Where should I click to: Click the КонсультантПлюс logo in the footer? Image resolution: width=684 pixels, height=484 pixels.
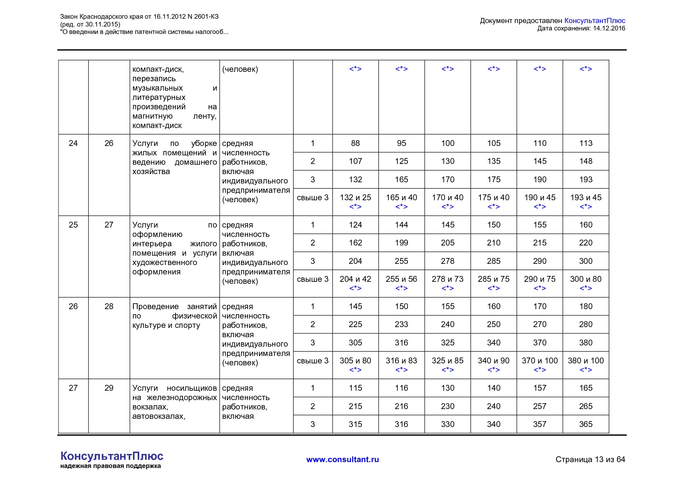(x=112, y=456)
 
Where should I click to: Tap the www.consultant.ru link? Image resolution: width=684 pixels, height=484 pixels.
(x=342, y=459)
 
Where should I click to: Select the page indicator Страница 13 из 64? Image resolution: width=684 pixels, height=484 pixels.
(x=590, y=459)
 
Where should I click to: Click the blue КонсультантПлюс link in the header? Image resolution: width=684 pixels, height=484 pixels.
(x=595, y=21)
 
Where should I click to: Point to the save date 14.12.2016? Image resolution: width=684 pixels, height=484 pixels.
(x=609, y=28)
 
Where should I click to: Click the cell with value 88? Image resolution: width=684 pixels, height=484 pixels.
(x=355, y=143)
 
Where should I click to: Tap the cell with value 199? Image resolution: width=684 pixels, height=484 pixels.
(x=401, y=243)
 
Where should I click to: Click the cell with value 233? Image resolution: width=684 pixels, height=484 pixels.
(x=401, y=324)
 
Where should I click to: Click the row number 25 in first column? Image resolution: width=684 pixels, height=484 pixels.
(x=73, y=225)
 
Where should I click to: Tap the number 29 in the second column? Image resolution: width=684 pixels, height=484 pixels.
(x=109, y=388)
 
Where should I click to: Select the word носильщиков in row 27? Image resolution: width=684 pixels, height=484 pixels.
(x=191, y=388)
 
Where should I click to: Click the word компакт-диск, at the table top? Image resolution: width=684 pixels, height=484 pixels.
(x=158, y=69)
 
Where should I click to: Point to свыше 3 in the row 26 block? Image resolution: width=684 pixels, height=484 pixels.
(x=312, y=361)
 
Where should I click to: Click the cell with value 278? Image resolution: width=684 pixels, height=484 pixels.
(x=448, y=261)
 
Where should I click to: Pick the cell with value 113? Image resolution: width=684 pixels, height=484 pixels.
(x=586, y=143)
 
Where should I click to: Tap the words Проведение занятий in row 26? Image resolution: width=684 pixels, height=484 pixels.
(x=174, y=306)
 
